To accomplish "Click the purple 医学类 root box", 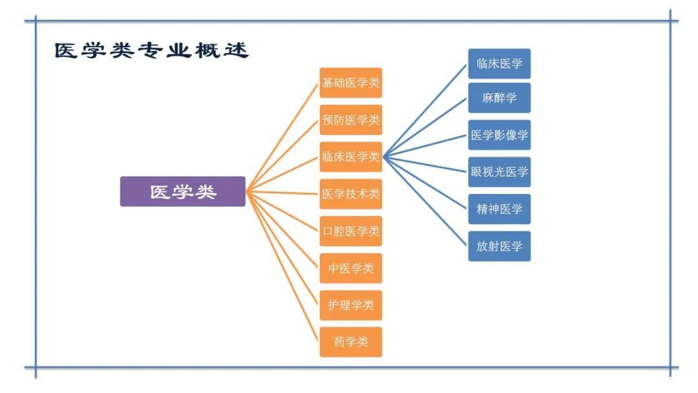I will [x=183, y=192].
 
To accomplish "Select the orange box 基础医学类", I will [x=351, y=83].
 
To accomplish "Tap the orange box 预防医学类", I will [x=351, y=120].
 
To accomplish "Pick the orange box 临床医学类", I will [x=351, y=157].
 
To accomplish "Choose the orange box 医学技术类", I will [x=351, y=194].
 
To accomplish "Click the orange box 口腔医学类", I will [x=351, y=231].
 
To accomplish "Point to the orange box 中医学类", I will [x=351, y=268].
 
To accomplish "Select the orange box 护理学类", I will [x=351, y=305].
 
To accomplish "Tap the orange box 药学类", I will [x=351, y=342].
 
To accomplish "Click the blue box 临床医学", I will [x=499, y=63].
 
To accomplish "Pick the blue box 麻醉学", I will [x=499, y=98].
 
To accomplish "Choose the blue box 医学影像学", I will [x=499, y=135].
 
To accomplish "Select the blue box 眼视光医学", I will [x=499, y=172].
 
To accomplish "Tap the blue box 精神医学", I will [x=499, y=209].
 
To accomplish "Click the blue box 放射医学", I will [x=499, y=246].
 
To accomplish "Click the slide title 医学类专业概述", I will [x=151, y=51].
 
